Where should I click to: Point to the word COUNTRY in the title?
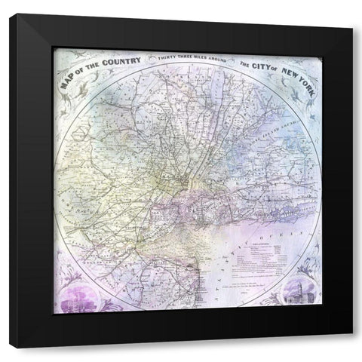click(121, 57)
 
